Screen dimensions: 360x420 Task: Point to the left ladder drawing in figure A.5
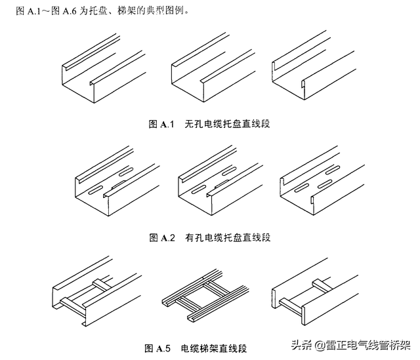pyautogui.click(x=95, y=294)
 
